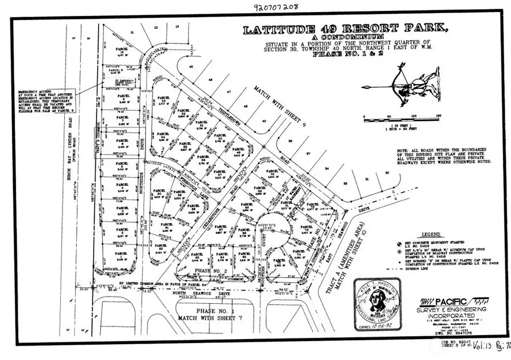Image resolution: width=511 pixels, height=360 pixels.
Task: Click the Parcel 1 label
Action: tap(119, 254)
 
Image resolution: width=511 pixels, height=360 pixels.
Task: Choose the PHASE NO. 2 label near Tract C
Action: tap(212, 271)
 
